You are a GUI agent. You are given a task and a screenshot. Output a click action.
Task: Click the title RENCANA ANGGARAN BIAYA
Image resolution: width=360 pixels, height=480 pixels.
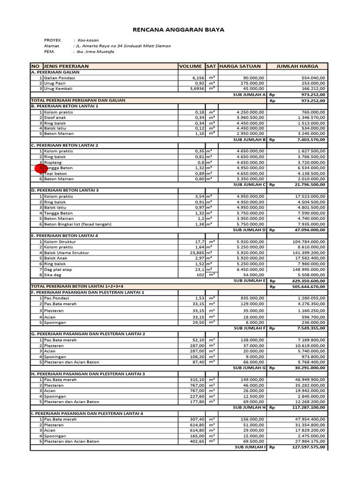179,30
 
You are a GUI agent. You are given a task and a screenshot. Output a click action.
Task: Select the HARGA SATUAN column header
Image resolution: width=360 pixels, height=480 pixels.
240,66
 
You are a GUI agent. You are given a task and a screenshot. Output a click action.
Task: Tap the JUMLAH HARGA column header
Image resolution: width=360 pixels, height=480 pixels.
297,66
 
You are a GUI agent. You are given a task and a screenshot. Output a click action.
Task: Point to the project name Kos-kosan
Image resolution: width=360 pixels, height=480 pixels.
89,40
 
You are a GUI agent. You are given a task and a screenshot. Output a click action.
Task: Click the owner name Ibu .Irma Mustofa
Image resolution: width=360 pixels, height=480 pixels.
97,52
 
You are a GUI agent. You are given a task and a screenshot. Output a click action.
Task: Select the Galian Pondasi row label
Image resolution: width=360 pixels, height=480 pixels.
60,78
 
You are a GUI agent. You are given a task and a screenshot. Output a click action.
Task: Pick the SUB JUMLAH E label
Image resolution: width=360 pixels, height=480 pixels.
250,280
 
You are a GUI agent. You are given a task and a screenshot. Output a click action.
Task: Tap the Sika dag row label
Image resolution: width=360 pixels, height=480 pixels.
53,275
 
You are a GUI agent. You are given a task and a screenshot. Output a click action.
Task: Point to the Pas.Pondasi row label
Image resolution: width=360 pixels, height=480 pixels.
57,298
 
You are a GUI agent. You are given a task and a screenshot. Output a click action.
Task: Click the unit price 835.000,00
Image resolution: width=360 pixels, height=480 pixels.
251,298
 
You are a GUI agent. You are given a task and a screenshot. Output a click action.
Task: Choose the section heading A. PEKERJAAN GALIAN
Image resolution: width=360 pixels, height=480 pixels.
55,72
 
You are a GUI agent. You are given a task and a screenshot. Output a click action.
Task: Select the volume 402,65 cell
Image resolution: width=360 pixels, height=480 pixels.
197,441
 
